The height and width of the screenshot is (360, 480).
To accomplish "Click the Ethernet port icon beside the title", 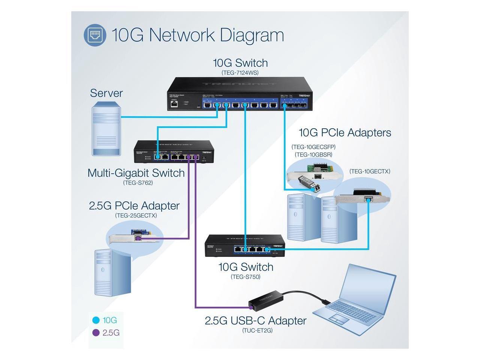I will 95,35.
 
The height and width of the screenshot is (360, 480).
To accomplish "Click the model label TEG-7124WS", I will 240,73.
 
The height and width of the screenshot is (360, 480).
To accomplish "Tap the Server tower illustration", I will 106,130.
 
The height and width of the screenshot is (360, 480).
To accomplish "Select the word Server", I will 106,93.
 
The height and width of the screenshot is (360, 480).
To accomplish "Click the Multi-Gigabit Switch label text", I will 136,173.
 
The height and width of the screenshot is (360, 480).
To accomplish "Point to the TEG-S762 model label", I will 138,183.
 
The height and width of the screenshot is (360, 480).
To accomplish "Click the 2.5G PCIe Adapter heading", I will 134,205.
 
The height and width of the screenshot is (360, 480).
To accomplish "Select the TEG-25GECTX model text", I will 136,216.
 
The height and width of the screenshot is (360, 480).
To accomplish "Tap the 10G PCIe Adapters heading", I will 345,132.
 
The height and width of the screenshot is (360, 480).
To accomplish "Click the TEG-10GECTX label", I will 369,171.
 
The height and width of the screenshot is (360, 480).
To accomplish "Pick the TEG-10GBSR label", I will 313,154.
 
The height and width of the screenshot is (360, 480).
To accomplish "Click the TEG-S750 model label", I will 245,277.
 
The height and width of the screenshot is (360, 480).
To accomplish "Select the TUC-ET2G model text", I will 257,330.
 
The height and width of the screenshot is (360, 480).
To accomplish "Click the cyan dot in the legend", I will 96,320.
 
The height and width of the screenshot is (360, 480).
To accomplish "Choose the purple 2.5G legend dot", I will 96,333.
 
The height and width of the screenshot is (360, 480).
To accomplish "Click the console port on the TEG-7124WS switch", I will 174,104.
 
